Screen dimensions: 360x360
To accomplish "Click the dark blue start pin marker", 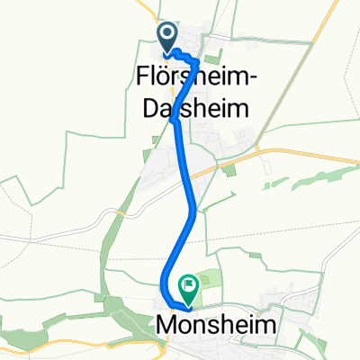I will (x=168, y=35).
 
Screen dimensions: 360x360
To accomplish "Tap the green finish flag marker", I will (x=189, y=288).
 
